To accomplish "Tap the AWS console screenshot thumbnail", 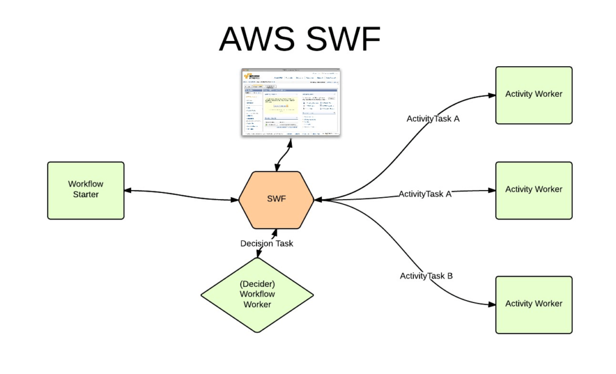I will [x=291, y=102].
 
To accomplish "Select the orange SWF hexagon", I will [x=276, y=200].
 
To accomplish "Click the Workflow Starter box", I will [x=85, y=190].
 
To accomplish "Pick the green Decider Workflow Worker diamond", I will [x=257, y=295].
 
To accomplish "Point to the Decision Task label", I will [x=266, y=244].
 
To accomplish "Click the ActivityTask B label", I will [x=426, y=276].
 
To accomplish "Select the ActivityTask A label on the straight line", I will [x=425, y=194].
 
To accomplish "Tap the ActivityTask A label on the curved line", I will [x=433, y=118].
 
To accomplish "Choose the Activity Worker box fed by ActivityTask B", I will [x=534, y=304].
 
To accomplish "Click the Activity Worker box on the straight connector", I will [x=534, y=190].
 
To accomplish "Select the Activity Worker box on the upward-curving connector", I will [x=534, y=94].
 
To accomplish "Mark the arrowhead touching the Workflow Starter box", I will [x=128, y=191].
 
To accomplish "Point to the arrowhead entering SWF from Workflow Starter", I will [x=235, y=199].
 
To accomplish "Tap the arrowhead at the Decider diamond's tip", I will [x=258, y=256].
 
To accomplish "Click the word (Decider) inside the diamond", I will [x=257, y=284].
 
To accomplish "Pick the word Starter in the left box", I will [x=85, y=195].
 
